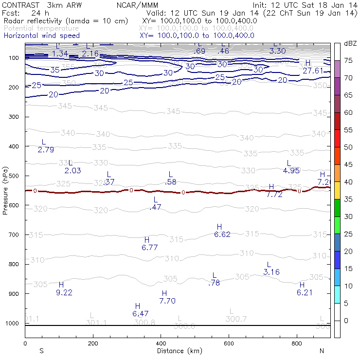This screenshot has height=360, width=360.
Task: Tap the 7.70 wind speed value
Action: coord(167,301)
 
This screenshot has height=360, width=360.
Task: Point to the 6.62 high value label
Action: coord(222,234)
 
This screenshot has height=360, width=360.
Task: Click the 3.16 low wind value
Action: coord(271,272)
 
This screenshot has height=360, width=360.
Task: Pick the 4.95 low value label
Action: coord(291,170)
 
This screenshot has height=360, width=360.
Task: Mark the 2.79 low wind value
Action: coord(46,149)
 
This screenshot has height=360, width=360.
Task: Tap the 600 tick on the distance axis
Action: coord(229,343)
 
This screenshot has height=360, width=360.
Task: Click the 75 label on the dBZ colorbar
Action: coord(348,60)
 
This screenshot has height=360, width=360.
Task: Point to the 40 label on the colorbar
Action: coord(348,181)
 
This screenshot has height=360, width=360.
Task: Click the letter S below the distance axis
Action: coord(41,351)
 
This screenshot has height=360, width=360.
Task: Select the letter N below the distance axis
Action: coord(321,351)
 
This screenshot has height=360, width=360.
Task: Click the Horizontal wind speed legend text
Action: coord(41,36)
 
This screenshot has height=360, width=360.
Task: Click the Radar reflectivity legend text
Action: coord(66,21)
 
